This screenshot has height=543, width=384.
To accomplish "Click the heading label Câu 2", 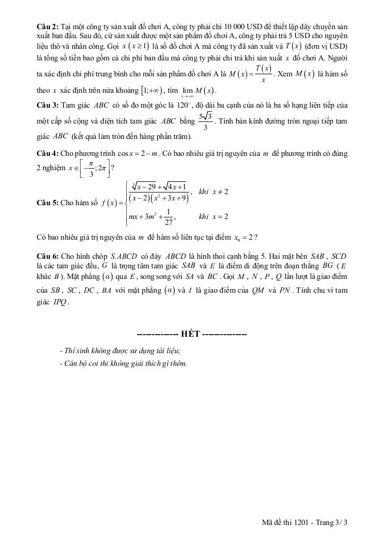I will coord(48,27).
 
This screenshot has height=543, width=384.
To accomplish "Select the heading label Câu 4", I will coord(48,154).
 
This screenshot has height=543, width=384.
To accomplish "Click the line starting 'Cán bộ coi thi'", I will coord(124,364).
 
